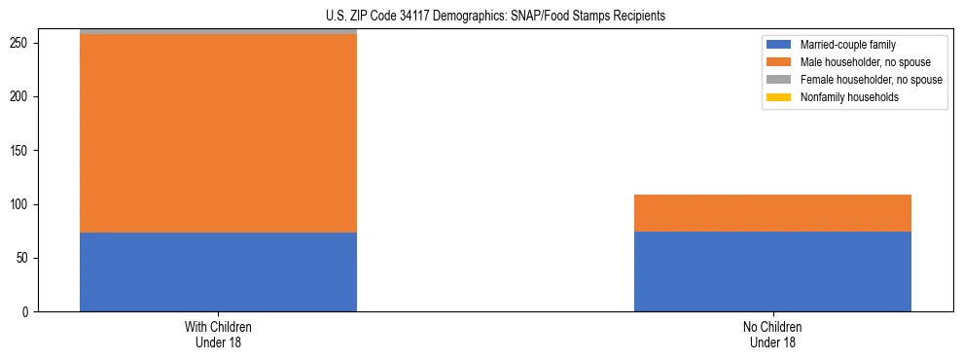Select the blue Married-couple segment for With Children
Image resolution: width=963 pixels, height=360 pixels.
[x=218, y=271]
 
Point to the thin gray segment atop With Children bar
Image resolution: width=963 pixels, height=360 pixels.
[x=218, y=32]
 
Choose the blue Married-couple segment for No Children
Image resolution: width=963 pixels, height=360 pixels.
[x=772, y=271]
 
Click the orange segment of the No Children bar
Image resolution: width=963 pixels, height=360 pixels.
[x=772, y=213]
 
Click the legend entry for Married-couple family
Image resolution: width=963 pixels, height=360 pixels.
[x=847, y=45]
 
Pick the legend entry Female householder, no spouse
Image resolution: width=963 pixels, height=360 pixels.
[x=871, y=80]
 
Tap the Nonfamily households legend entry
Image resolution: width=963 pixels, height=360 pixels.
[x=849, y=97]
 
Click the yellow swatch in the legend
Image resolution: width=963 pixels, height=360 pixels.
[x=779, y=97]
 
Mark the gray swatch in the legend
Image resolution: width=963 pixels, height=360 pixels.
[x=779, y=80]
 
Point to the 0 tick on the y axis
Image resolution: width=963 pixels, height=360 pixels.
[x=28, y=312]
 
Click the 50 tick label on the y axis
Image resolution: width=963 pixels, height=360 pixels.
[x=25, y=259]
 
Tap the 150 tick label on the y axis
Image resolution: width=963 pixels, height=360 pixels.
[x=22, y=151]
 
